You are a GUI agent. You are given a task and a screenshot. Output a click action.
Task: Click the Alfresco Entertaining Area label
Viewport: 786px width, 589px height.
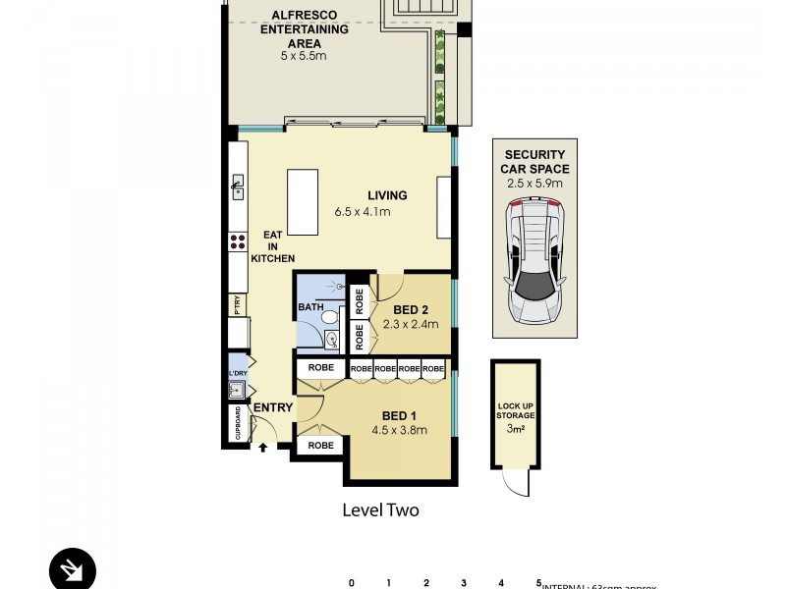click(304, 29)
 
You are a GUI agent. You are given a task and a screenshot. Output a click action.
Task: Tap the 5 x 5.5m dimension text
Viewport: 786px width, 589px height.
click(304, 57)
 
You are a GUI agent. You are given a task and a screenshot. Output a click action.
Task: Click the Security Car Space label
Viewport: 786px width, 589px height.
click(535, 162)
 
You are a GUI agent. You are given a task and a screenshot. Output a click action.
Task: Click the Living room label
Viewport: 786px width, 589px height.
click(387, 195)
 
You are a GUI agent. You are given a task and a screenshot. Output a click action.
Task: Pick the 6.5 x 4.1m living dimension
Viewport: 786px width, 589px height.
click(363, 212)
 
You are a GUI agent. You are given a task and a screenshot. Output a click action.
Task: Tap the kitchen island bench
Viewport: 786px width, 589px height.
click(303, 202)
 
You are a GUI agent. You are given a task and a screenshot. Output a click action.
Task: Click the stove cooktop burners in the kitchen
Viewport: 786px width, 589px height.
click(238, 241)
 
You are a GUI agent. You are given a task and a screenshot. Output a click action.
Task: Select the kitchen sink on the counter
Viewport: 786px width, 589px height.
click(238, 187)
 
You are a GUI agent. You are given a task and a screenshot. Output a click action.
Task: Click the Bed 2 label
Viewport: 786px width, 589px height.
click(411, 307)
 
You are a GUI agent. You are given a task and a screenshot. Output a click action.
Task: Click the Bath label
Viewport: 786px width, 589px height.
click(309, 308)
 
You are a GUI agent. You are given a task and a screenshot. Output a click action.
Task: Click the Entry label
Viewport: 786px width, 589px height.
click(272, 407)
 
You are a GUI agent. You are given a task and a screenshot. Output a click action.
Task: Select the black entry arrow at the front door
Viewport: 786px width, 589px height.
click(263, 448)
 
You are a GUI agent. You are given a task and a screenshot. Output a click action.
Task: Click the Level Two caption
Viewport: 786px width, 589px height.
click(380, 510)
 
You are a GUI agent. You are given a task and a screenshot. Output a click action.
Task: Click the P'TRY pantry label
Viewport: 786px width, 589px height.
click(237, 306)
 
